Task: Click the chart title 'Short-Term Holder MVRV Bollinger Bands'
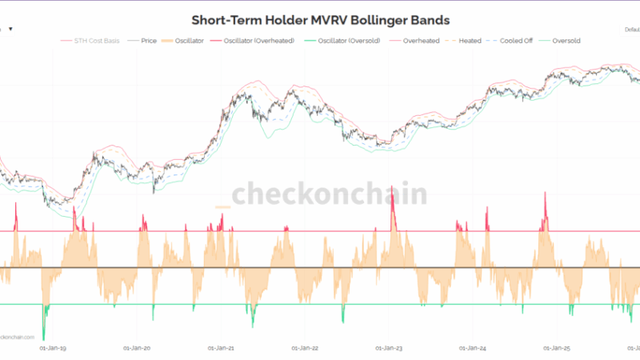[x=320, y=19]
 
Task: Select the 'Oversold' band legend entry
[x=565, y=40]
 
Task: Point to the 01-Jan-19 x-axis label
[x=54, y=348]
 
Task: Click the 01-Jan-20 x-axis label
[x=138, y=348]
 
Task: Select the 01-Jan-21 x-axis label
[x=221, y=348]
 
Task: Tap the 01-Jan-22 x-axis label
[x=305, y=348]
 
